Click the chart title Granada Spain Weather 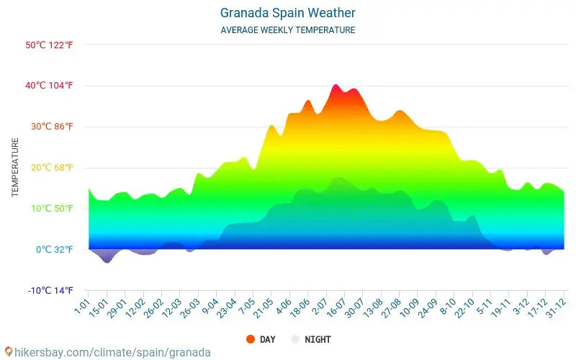(287, 13)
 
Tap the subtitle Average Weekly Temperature (287, 30)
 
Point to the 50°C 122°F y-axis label (49, 45)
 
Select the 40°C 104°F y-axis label (49, 86)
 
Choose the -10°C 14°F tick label (50, 291)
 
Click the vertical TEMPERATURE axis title (15, 168)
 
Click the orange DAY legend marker (251, 339)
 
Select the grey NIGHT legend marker (295, 339)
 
